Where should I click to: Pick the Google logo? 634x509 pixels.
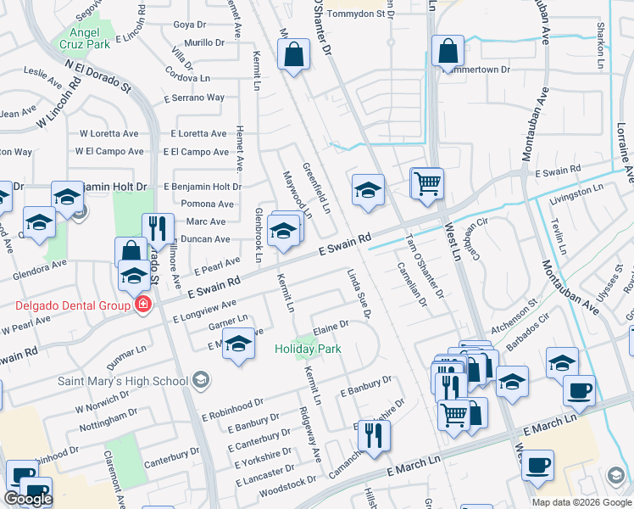(x=28, y=498)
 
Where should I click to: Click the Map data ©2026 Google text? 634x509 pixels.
(x=581, y=502)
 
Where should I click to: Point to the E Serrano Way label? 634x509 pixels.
(x=197, y=98)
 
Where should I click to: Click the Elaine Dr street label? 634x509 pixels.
(x=331, y=326)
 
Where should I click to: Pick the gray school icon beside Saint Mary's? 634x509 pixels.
(x=200, y=379)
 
